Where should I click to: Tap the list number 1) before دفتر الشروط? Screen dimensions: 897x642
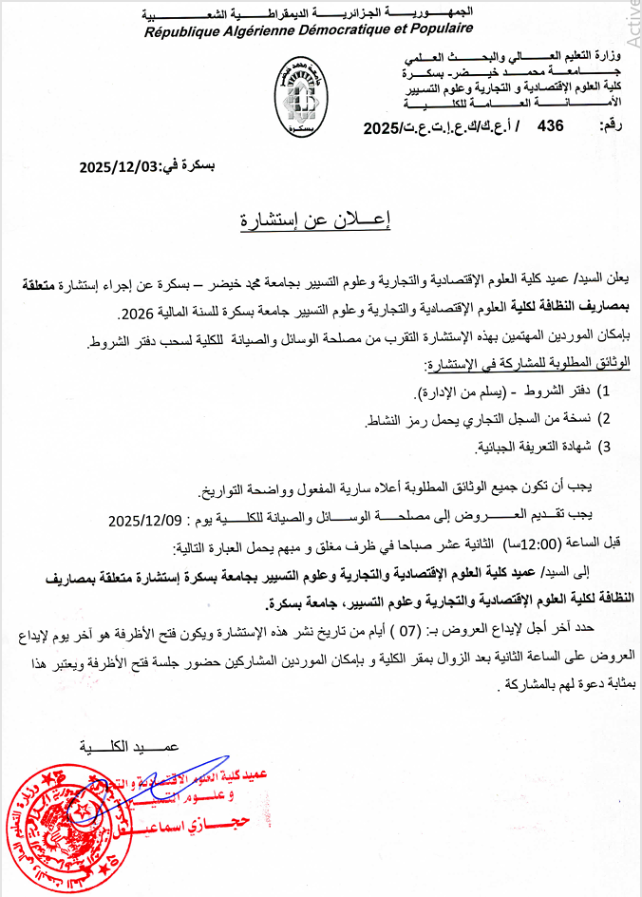[x=600, y=391]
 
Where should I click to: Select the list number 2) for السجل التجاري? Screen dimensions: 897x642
[x=600, y=418]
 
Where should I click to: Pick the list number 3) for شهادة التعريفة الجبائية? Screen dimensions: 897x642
[x=600, y=445]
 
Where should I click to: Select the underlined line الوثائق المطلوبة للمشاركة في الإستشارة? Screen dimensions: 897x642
[x=527, y=364]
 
